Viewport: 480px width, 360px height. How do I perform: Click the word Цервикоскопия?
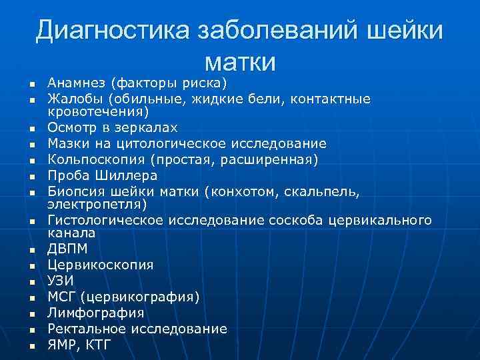tap(100, 265)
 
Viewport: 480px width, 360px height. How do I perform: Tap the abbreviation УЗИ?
tap(61, 281)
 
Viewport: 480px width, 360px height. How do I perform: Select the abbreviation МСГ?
tap(61, 297)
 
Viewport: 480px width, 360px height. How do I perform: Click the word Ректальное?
tap(84, 329)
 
